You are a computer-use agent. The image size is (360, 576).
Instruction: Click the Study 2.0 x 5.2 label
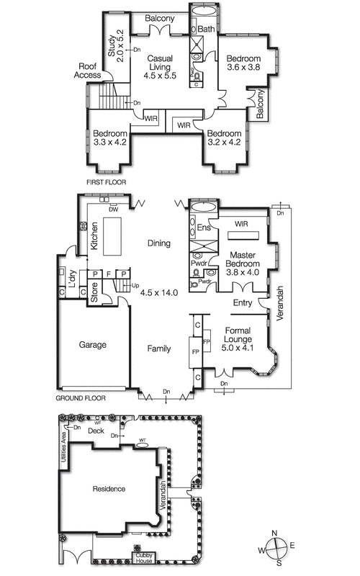[x=116, y=44]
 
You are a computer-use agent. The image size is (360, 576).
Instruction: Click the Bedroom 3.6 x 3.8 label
[x=243, y=63]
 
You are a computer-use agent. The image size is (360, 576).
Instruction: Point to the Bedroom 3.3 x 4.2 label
[x=110, y=138]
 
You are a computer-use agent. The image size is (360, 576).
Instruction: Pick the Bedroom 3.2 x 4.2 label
[x=224, y=138]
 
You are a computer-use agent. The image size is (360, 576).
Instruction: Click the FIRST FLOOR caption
[x=106, y=183]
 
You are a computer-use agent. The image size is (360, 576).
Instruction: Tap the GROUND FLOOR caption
[x=81, y=397]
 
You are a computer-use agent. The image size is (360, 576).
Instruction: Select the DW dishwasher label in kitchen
[x=113, y=210]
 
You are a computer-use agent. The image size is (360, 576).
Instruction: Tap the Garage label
[x=92, y=345]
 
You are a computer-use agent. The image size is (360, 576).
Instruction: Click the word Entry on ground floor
[x=243, y=303]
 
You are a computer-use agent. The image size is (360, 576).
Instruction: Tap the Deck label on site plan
[x=96, y=431]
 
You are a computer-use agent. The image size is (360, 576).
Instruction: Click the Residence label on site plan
[x=109, y=489]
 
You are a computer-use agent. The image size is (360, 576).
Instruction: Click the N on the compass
[x=274, y=534]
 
